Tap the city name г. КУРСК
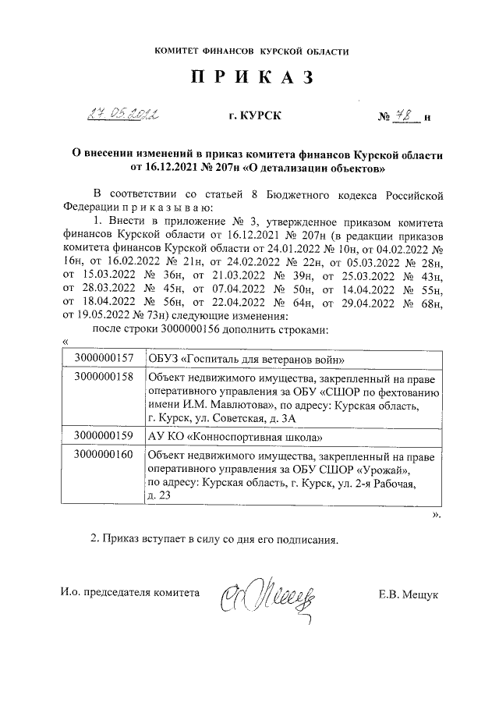249,117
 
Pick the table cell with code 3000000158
105,377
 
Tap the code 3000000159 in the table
105,435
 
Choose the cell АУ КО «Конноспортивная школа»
234,435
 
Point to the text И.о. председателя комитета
130,593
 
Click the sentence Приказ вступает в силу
215,539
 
